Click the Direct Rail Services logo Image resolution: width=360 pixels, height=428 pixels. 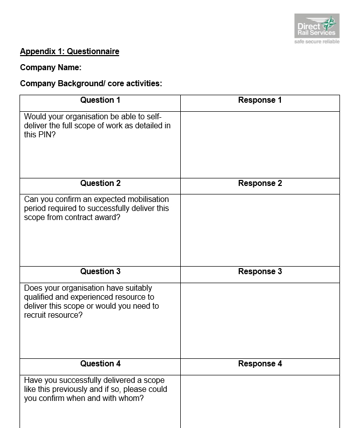tap(316, 26)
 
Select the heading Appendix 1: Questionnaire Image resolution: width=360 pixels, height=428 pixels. tap(70, 51)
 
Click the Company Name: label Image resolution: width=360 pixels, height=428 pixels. tap(51, 67)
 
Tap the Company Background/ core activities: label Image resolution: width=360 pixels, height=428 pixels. tap(91, 83)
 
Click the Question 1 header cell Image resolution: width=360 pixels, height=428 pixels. tap(100, 100)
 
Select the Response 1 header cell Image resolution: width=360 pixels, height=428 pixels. tap(260, 100)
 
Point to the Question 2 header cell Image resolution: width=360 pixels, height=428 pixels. tap(100, 183)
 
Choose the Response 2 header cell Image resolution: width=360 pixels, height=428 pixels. tap(260, 183)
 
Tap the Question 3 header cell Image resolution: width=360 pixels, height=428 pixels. tap(100, 272)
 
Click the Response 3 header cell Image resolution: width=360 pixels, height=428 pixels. tap(260, 272)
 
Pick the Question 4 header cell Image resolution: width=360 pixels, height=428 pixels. tap(100, 364)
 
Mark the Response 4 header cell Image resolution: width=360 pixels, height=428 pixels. tap(260, 364)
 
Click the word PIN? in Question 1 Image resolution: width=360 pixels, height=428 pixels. tap(47, 134)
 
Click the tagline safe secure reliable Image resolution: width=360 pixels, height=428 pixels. tap(317, 42)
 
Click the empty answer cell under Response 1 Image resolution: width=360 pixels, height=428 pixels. tap(260, 144)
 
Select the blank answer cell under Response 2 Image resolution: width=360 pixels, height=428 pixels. tap(260, 230)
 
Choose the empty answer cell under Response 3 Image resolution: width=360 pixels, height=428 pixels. tap(260, 320)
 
